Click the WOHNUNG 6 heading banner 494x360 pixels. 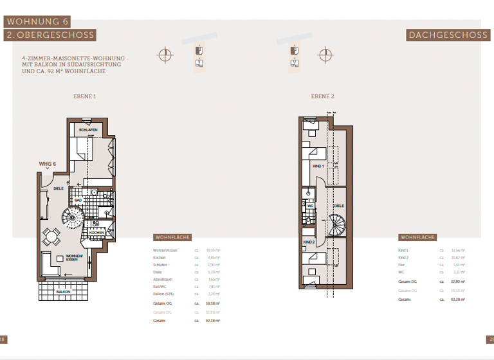37,21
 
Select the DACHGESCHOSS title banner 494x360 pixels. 448,35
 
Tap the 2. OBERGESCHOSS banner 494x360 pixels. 50,35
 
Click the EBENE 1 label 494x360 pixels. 85,96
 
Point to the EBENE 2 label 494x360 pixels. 323,96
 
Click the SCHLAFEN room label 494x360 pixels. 88,130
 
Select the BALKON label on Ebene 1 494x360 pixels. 63,291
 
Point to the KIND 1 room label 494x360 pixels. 317,166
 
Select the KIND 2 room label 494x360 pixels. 309,242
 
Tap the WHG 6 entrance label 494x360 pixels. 48,164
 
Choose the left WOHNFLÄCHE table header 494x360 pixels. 172,237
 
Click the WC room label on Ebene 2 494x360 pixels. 309,206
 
